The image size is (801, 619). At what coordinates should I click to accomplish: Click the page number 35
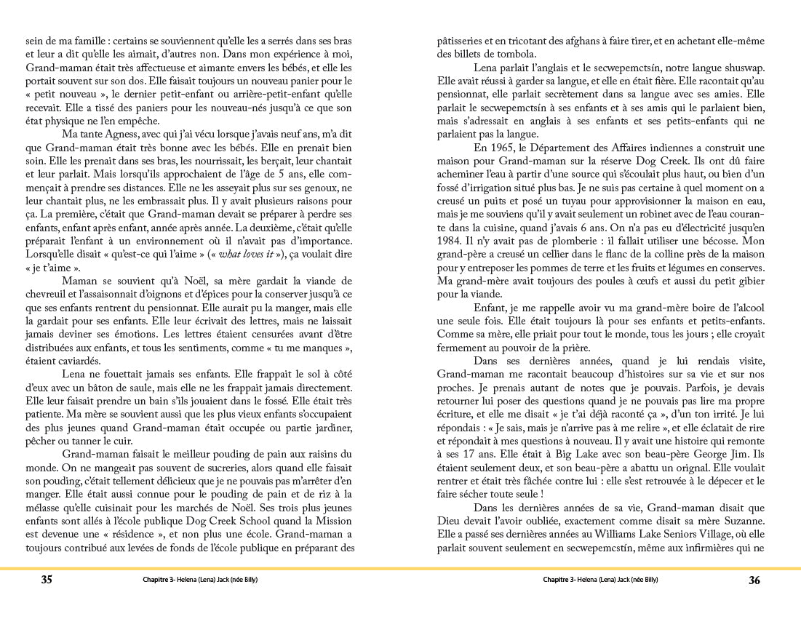[46, 580]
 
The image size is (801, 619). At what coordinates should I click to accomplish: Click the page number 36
[754, 580]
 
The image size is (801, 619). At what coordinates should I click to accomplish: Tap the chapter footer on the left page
[200, 580]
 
